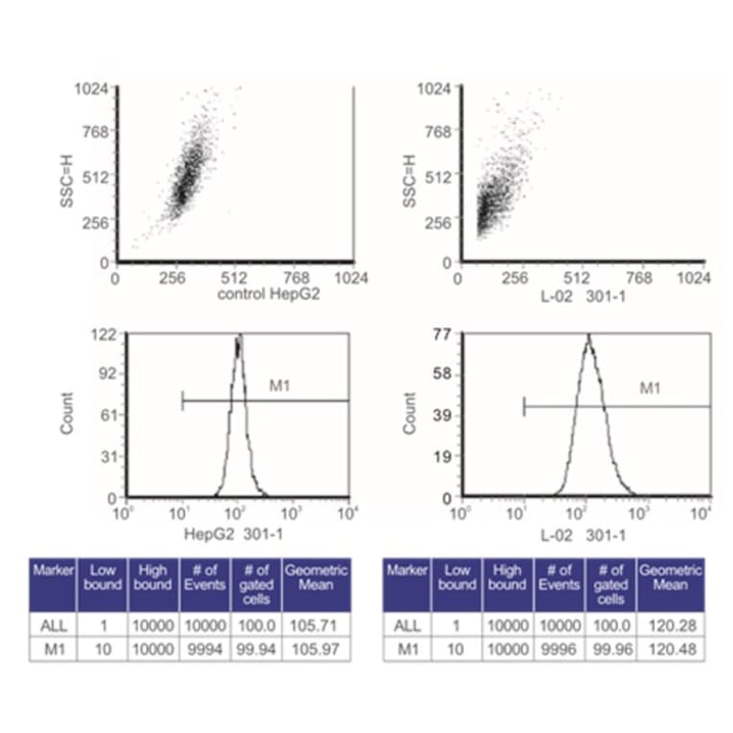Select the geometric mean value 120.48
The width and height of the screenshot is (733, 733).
point(670,650)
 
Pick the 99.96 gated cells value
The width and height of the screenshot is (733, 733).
point(611,650)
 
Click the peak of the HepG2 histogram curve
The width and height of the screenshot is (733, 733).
point(239,337)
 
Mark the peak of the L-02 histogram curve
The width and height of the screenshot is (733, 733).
point(588,337)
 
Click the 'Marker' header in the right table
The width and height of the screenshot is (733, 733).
point(405,571)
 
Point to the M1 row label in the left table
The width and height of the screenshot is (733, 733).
point(54,650)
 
